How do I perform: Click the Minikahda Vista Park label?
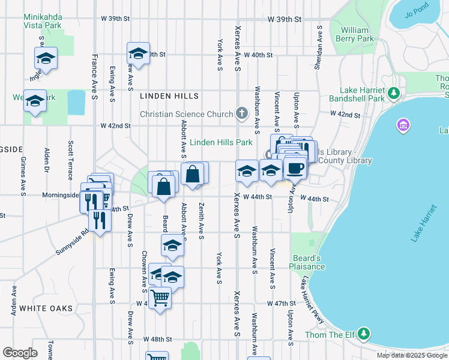tap(43, 22)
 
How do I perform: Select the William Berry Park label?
tap(357, 34)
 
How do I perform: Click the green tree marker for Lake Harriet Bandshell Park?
tap(393, 93)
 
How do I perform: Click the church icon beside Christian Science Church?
tap(241, 113)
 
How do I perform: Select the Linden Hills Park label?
tap(221, 143)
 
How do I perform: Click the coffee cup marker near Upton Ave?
tap(294, 168)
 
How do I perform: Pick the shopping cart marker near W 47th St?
tap(160, 296)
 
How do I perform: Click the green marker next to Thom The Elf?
tap(364, 333)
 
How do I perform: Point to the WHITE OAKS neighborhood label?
tap(46, 308)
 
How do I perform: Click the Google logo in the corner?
tap(20, 353)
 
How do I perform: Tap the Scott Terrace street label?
tap(71, 156)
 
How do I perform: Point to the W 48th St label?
tap(158, 340)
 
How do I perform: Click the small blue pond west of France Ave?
tap(76, 103)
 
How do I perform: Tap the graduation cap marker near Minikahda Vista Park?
tap(46, 59)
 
